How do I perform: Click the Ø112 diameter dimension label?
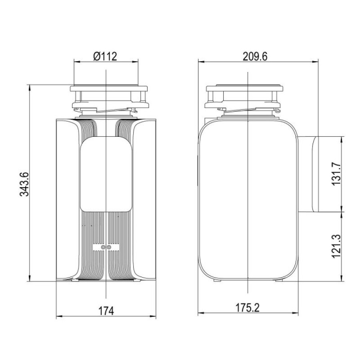(105, 56)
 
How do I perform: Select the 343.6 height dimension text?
(24, 184)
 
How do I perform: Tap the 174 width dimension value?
(106, 311)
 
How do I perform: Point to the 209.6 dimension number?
(255, 56)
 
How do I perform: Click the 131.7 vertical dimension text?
(336, 174)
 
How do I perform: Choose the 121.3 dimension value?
(336, 246)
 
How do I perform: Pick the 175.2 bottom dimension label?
(248, 308)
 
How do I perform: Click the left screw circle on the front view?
(103, 247)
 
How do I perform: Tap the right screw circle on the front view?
(109, 247)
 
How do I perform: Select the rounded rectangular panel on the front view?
(106, 174)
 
